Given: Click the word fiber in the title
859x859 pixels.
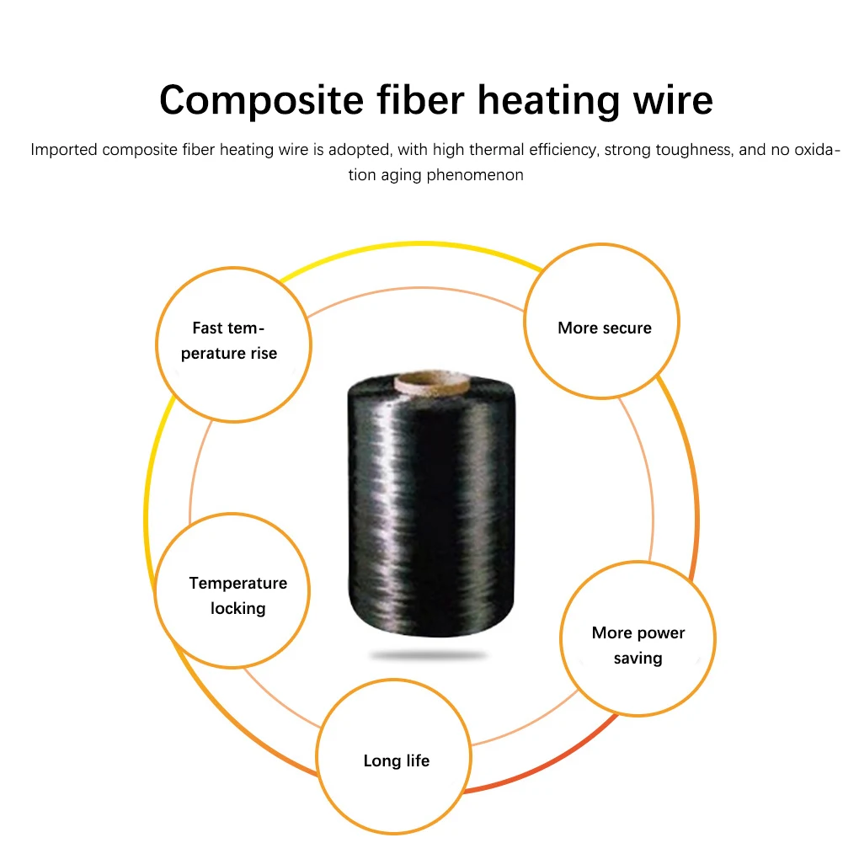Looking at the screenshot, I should click(423, 100).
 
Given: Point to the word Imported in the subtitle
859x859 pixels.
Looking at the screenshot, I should click(63, 150).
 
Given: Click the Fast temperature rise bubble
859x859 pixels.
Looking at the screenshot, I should click(233, 344).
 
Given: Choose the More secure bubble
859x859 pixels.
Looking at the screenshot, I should click(601, 321).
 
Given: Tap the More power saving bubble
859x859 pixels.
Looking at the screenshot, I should click(638, 639).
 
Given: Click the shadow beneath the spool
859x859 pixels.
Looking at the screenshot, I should click(429, 655).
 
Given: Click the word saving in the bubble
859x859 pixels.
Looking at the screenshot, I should click(638, 659).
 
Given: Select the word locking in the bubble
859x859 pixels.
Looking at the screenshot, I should click(238, 608).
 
